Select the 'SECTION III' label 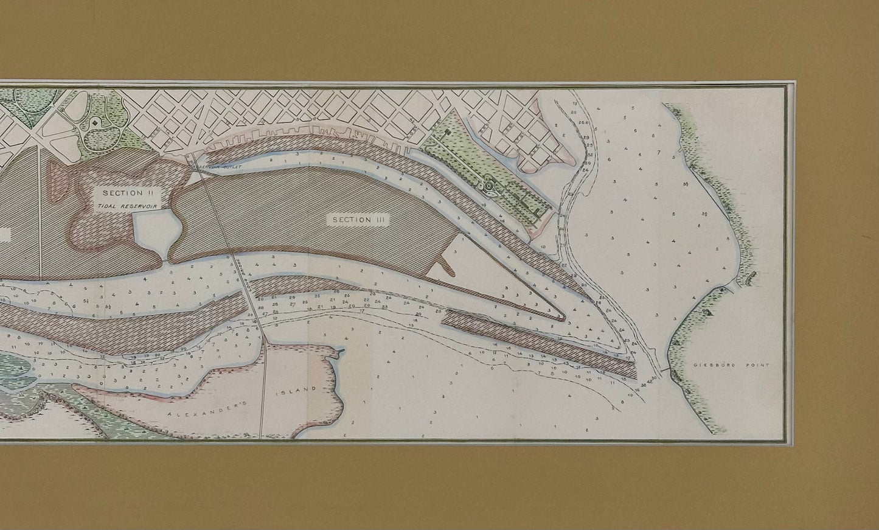pos(358,219)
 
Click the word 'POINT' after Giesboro pos(760,365)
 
